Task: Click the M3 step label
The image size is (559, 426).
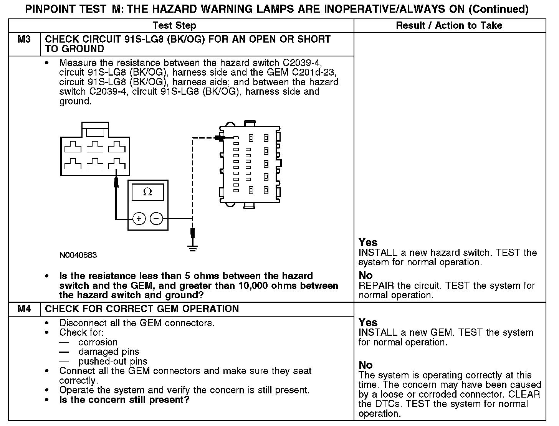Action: [x=24, y=40]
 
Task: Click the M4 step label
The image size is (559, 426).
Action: [x=24, y=309]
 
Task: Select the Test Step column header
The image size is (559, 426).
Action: [x=174, y=26]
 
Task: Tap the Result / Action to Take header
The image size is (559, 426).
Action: [x=449, y=26]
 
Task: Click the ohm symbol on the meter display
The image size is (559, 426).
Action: [x=147, y=192]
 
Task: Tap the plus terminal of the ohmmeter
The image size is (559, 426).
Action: [x=139, y=219]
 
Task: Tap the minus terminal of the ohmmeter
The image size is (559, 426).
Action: [x=156, y=219]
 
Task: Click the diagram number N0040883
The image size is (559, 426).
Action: [x=78, y=255]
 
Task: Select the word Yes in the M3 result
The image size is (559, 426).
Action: [x=368, y=243]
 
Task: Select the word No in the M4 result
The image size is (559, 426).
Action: [x=365, y=365]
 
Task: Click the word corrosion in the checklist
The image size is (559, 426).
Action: [x=98, y=342]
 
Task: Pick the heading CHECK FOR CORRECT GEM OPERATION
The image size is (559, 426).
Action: [x=142, y=309]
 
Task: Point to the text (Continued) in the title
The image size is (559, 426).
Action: [x=498, y=9]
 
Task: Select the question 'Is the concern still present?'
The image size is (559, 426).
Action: [x=124, y=400]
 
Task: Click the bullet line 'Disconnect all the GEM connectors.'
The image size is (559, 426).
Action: [x=137, y=323]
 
